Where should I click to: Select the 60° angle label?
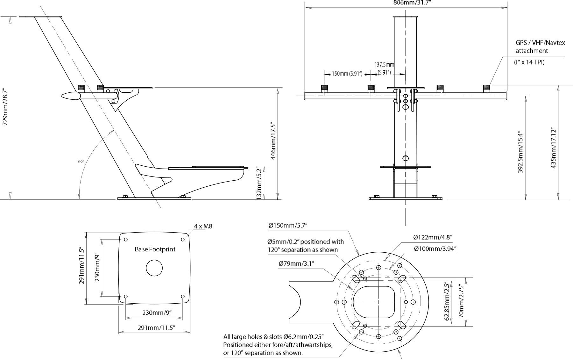click(81, 162)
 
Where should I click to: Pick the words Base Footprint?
click(155, 249)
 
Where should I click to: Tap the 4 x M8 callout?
click(203, 226)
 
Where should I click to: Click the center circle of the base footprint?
click(154, 268)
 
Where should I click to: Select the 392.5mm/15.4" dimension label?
click(520, 151)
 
